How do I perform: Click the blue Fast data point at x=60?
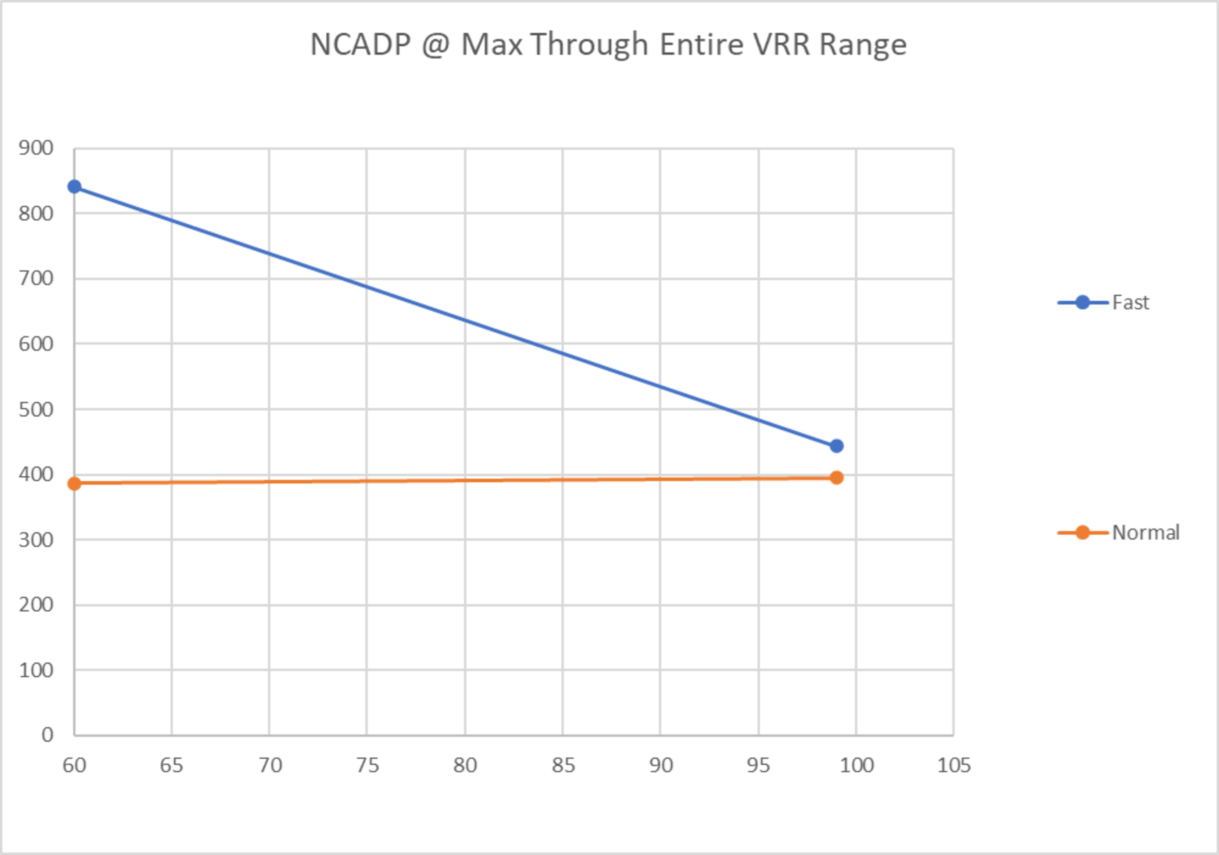[x=74, y=186]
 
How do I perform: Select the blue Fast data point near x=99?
[x=836, y=445]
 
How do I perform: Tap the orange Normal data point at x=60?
[x=74, y=483]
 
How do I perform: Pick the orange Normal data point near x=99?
[x=836, y=478]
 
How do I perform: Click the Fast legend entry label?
[x=1130, y=303]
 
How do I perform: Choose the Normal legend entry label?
[x=1146, y=533]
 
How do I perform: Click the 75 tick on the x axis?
[x=367, y=765]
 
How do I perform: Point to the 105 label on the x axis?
[x=954, y=765]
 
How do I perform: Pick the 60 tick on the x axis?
[x=74, y=765]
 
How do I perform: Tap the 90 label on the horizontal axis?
[x=661, y=765]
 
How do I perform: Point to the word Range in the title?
[x=863, y=45]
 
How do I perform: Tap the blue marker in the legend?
[x=1082, y=303]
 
